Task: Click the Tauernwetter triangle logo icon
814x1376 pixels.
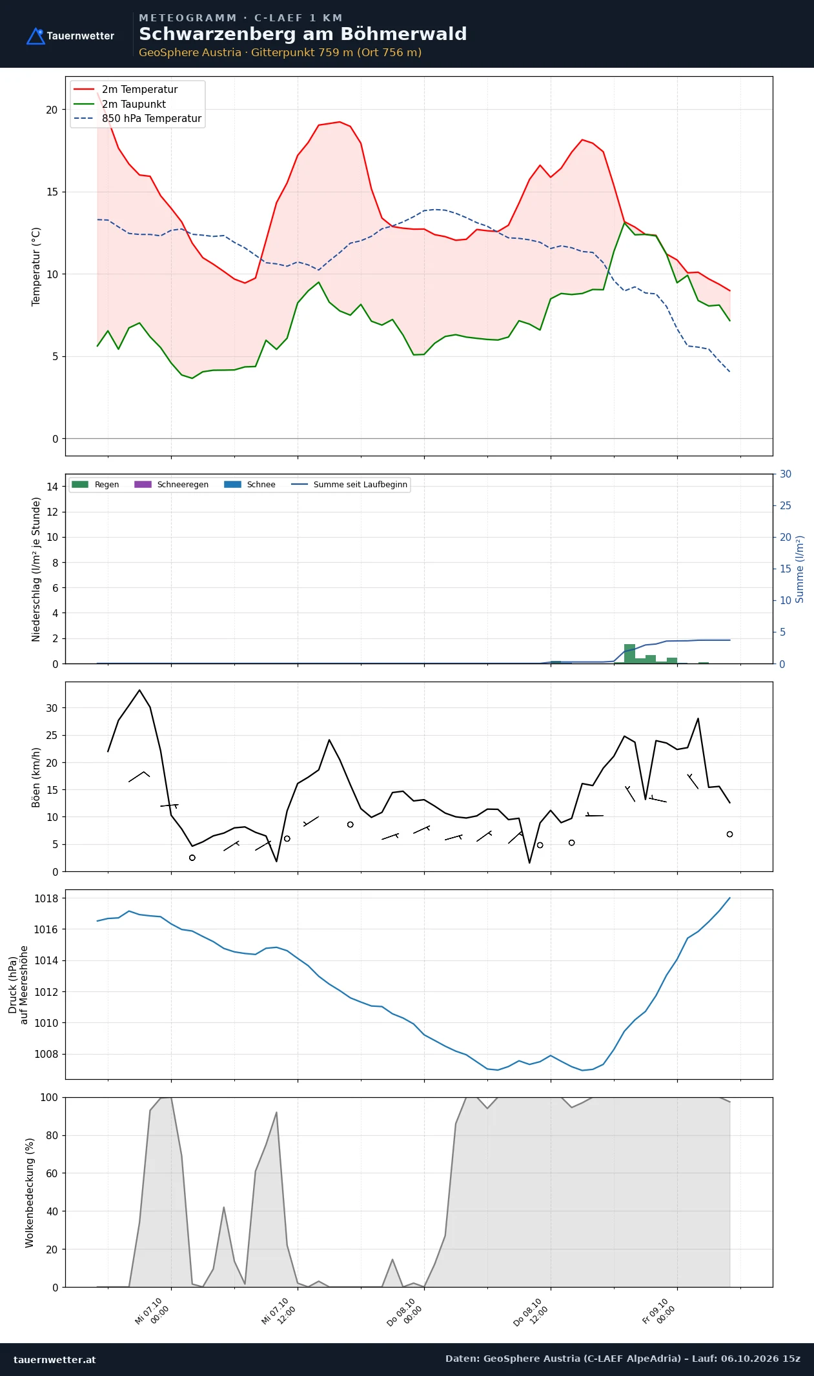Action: pyautogui.click(x=36, y=36)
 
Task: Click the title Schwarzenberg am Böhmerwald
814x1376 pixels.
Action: pyautogui.click(x=303, y=34)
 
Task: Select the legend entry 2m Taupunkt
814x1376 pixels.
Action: pyautogui.click(x=120, y=104)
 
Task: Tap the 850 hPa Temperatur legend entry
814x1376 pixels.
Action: pyautogui.click(x=137, y=119)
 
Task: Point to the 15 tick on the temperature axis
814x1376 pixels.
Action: pyautogui.click(x=52, y=192)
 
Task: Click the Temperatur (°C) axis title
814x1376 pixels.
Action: pyautogui.click(x=36, y=267)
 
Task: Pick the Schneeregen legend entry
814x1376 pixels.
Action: pyautogui.click(x=171, y=485)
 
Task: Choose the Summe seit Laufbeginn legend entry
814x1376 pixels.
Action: pyautogui.click(x=349, y=485)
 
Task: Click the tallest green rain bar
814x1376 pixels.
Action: pyautogui.click(x=629, y=653)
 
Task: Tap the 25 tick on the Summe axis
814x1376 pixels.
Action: pyautogui.click(x=786, y=505)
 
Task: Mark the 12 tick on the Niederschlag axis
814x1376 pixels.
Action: pyautogui.click(x=52, y=512)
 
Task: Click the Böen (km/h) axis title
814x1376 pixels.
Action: pyautogui.click(x=36, y=777)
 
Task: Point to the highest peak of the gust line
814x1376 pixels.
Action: pyautogui.click(x=139, y=690)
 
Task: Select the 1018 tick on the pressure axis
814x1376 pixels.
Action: pyautogui.click(x=46, y=898)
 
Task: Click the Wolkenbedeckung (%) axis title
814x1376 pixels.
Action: pyautogui.click(x=30, y=1193)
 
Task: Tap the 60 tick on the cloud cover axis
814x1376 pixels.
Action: pyautogui.click(x=52, y=1173)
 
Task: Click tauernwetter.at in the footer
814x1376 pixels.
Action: pyautogui.click(x=55, y=1359)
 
